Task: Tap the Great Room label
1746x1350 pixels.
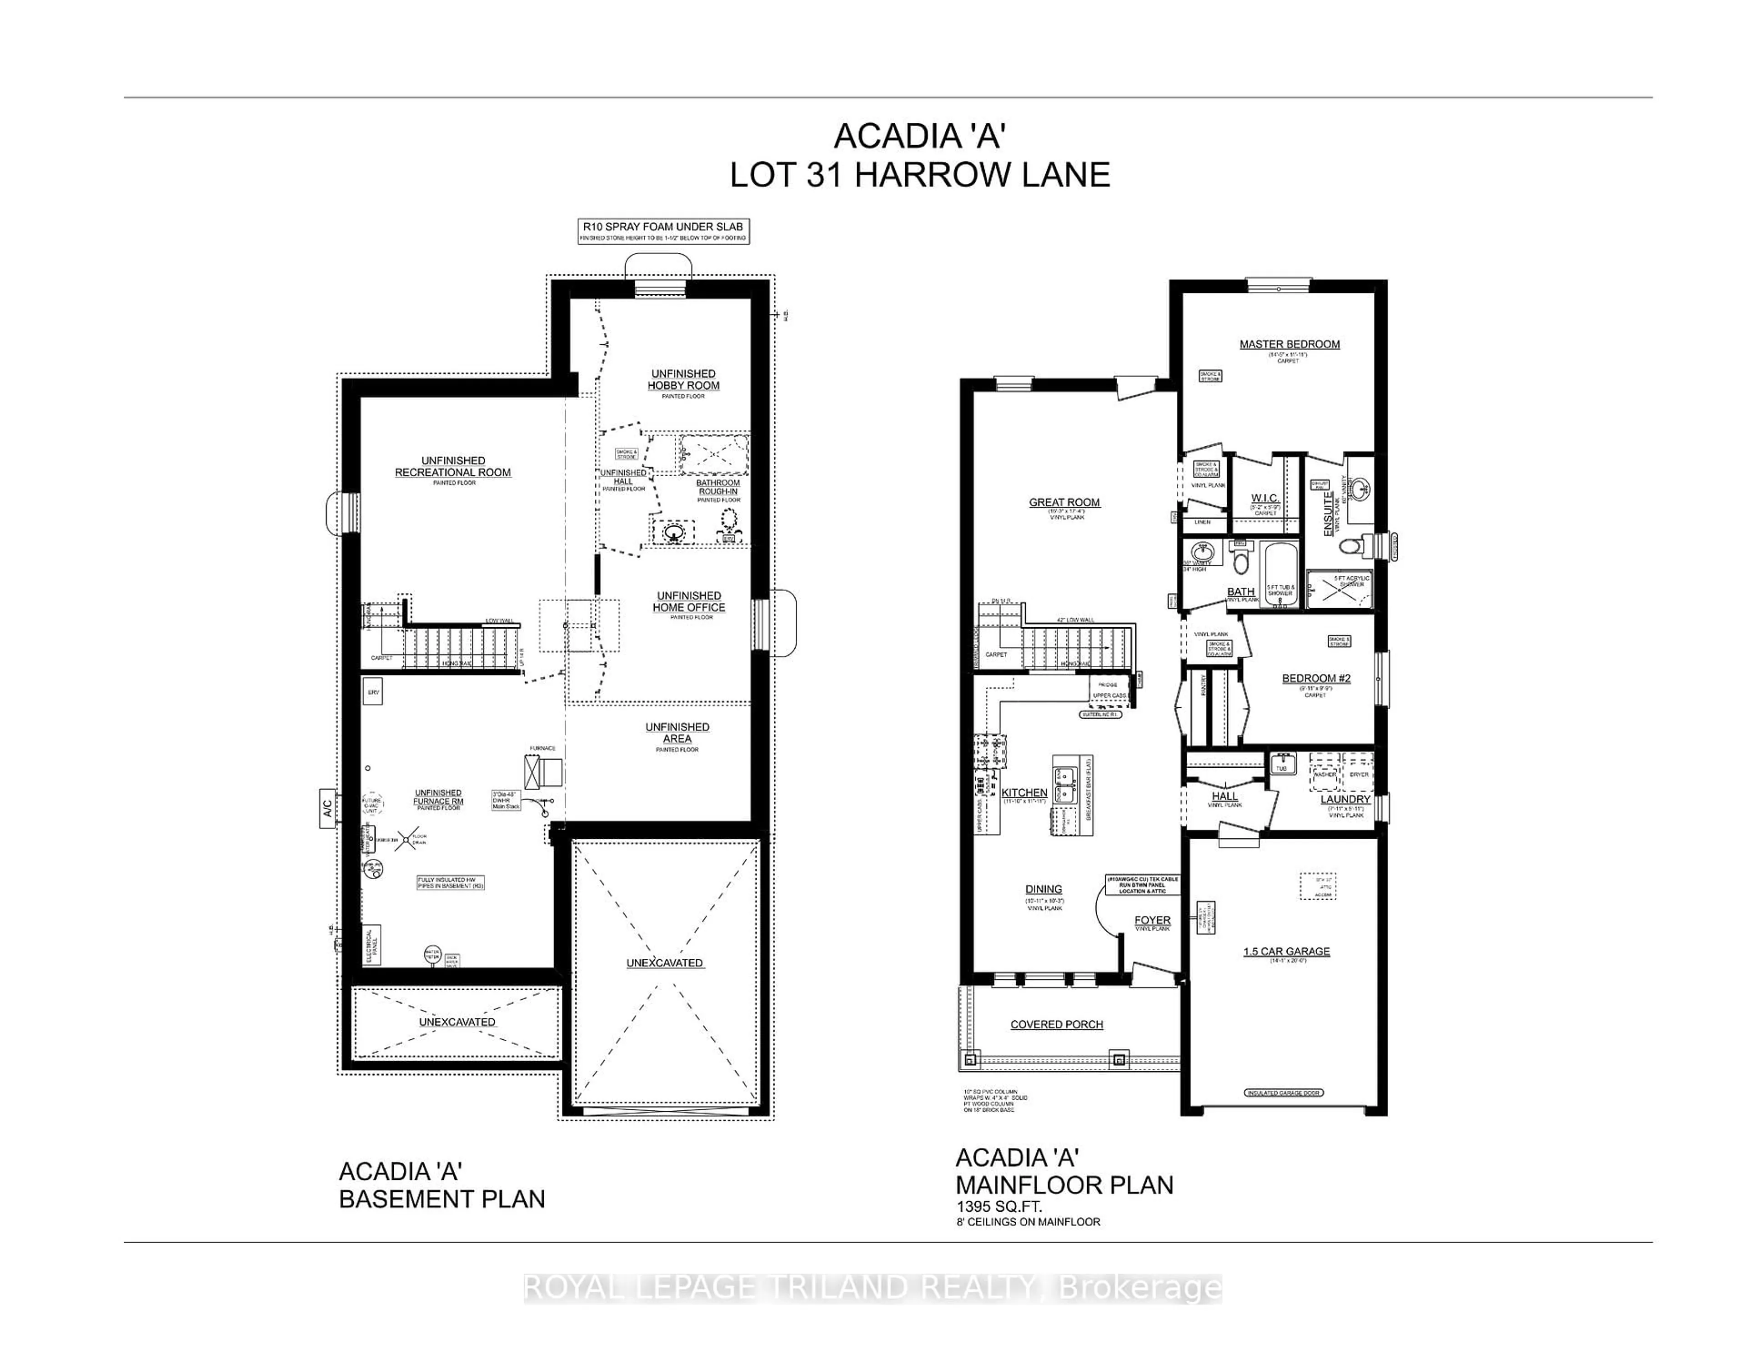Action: click(x=1064, y=502)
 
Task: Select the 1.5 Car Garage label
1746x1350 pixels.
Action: click(x=1286, y=951)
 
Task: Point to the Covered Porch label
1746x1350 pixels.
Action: click(x=1056, y=1024)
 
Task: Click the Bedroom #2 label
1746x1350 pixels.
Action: click(x=1316, y=678)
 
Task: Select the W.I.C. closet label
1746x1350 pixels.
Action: click(x=1265, y=498)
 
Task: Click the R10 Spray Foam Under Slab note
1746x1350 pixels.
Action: click(x=663, y=227)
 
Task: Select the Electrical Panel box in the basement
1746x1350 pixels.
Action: click(x=372, y=945)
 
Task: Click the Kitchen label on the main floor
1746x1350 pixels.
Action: click(x=1024, y=792)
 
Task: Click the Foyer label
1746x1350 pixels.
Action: click(x=1152, y=921)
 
